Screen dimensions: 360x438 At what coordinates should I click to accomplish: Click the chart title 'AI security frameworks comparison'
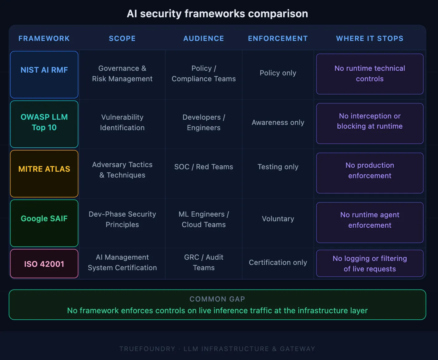217,14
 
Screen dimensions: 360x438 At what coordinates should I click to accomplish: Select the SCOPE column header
122,38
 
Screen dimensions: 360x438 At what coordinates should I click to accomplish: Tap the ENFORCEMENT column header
278,38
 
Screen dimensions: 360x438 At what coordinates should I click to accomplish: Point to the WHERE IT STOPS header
370,38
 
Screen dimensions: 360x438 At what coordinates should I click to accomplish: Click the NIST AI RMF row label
44,70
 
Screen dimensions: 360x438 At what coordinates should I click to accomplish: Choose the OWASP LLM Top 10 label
44,122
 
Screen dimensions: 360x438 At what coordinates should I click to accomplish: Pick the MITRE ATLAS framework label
44,169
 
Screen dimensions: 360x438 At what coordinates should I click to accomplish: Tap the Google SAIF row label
44,218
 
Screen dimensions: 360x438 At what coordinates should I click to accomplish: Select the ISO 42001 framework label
44,264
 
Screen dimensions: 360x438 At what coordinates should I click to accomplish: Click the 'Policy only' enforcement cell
278,73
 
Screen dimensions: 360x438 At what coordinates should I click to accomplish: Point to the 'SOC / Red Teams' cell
204,167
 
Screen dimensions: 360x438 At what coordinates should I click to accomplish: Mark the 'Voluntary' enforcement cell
278,219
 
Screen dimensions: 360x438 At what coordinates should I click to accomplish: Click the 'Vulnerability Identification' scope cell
122,122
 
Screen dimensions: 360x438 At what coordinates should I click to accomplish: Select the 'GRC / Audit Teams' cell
204,262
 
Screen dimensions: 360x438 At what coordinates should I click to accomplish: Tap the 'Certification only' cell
278,262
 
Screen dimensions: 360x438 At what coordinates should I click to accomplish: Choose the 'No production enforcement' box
370,170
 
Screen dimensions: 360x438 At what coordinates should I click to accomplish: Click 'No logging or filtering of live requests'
370,264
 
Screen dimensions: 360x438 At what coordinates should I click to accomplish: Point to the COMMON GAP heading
217,299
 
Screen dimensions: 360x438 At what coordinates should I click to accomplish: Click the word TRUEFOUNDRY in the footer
147,349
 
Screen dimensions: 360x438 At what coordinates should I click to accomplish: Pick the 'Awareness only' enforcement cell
278,122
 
